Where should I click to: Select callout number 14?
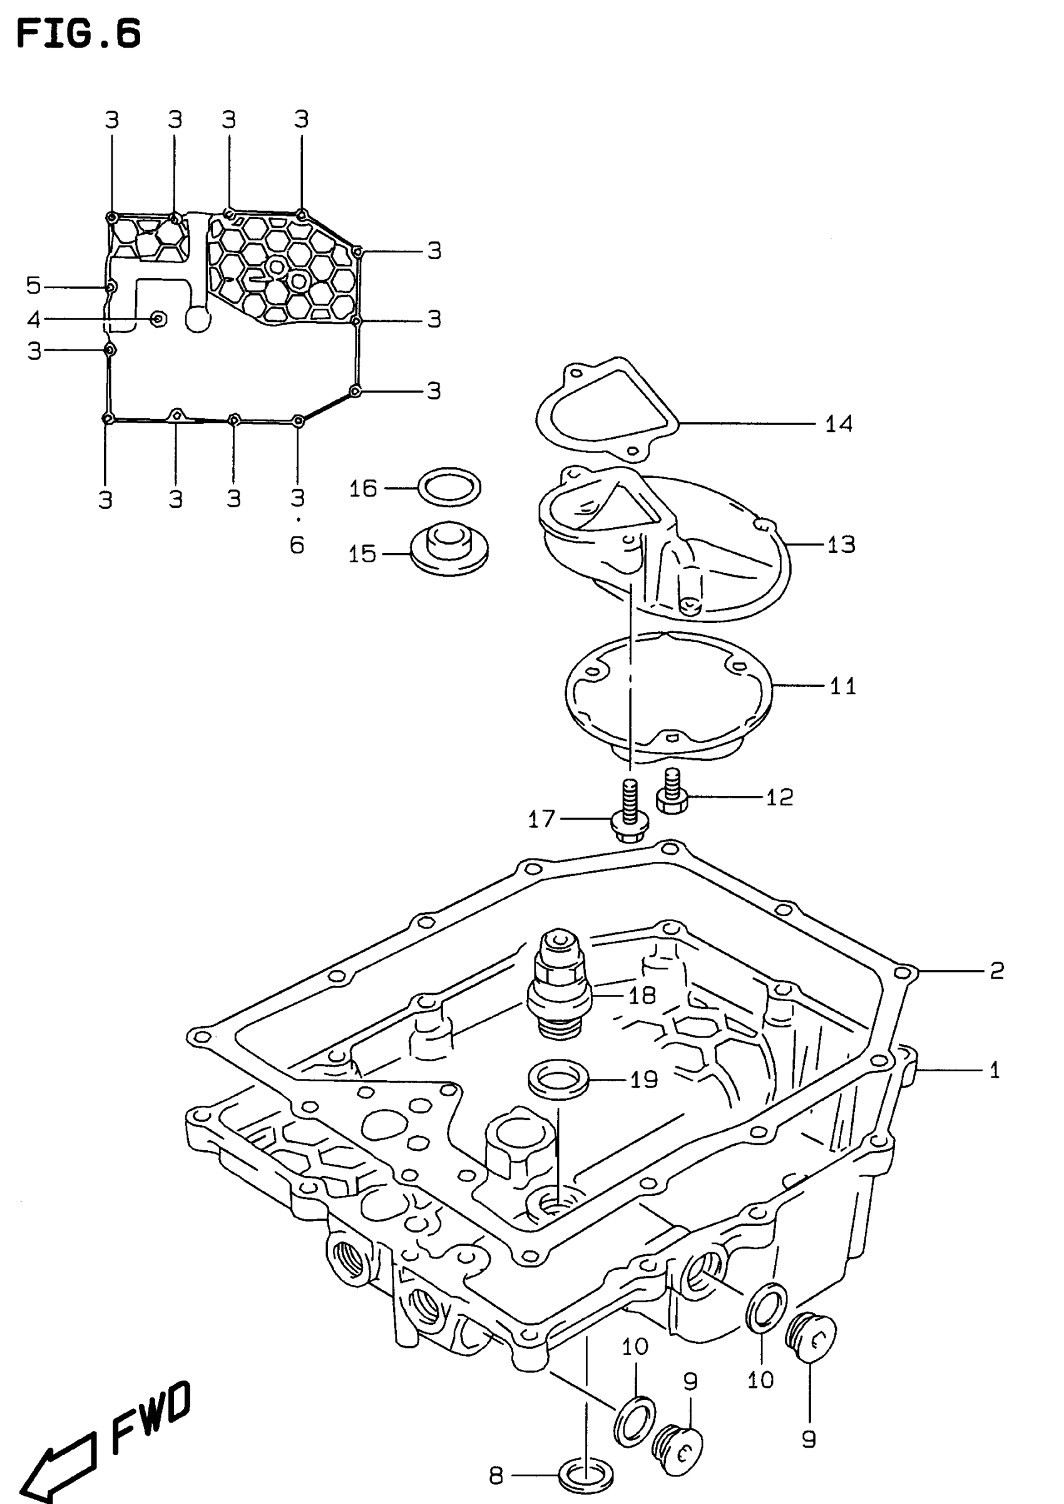838,424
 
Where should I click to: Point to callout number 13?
841,545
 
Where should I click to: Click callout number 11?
842,686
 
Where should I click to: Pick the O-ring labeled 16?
449,487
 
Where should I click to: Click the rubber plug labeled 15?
449,549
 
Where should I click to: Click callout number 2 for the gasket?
996,971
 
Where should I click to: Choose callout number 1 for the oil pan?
994,1071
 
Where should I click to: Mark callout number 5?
33,286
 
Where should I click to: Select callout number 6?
297,545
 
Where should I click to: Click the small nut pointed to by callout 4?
158,319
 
